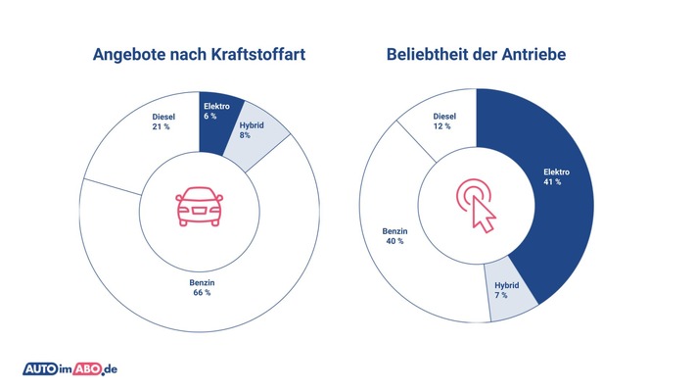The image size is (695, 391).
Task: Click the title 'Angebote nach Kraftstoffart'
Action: click(199, 55)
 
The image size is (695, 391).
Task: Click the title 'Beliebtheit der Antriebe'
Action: click(476, 55)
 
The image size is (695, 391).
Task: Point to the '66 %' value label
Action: click(202, 294)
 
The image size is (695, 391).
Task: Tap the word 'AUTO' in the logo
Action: click(43, 369)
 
